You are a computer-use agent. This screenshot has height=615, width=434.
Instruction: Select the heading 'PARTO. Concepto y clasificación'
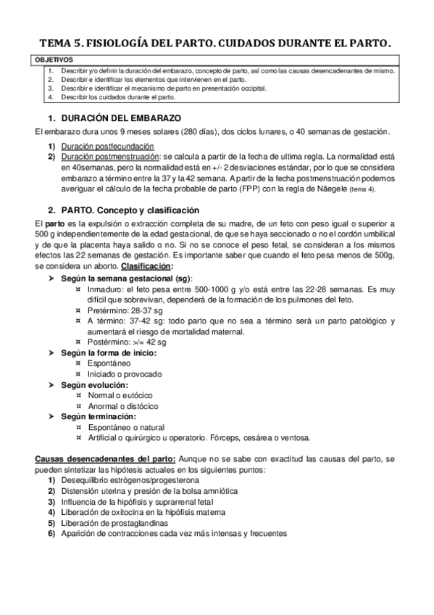click(x=130, y=210)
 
